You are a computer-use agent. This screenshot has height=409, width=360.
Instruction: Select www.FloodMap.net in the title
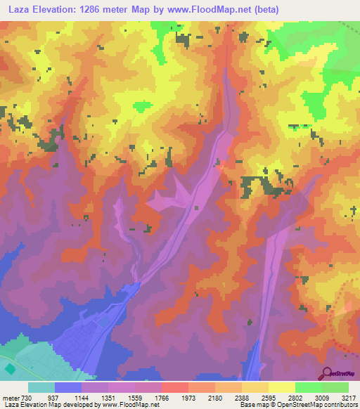coord(211,10)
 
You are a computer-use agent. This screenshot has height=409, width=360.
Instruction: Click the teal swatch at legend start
coord(41,387)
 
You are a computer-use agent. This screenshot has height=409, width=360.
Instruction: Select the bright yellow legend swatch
coord(281,387)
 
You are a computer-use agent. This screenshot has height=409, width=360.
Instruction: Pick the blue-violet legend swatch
coord(67,387)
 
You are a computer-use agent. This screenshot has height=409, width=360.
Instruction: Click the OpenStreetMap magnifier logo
coord(327,373)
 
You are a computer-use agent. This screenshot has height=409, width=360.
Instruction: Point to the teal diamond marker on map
coord(10,368)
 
